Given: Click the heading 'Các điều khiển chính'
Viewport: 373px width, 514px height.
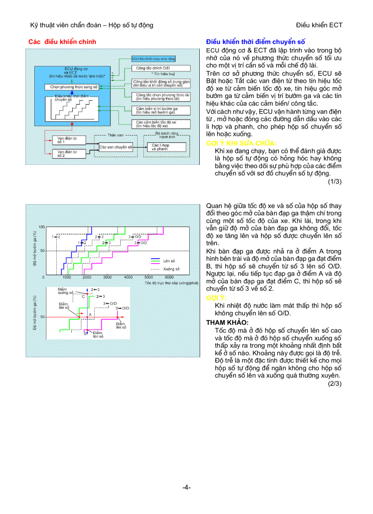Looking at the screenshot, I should click(x=62, y=42).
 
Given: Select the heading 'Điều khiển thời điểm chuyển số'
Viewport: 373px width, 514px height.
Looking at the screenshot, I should click(x=256, y=42).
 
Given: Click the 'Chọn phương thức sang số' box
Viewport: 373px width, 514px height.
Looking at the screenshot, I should click(x=71, y=87).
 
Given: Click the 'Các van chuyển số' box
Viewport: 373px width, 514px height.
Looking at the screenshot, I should click(x=116, y=147).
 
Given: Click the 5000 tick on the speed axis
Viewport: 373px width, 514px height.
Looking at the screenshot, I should click(x=149, y=277).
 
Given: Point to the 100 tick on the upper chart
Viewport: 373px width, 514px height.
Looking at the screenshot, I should click(x=42, y=227).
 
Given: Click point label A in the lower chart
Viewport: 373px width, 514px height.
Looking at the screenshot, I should click(x=90, y=314).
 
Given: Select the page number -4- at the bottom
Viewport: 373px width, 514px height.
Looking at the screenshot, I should click(x=186, y=487).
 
